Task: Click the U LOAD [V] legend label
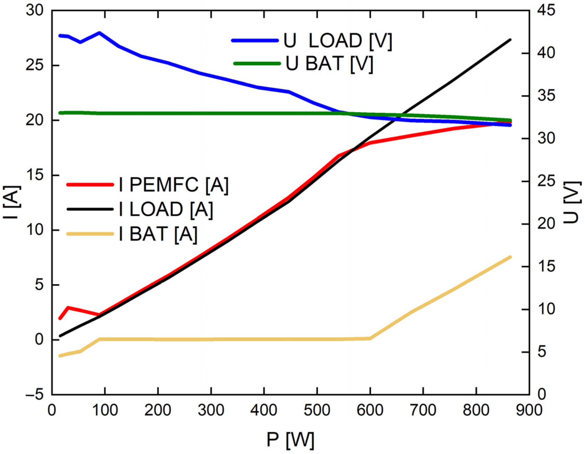click(338, 41)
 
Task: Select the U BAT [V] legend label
click(329, 64)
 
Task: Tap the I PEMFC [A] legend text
click(174, 185)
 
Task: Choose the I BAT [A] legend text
click(158, 234)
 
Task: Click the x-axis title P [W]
click(290, 440)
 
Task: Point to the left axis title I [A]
click(11, 202)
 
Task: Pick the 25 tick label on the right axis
click(545, 182)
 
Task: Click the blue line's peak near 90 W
click(99, 33)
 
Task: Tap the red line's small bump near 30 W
click(68, 307)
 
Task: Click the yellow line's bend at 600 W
click(370, 338)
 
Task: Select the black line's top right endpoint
click(510, 40)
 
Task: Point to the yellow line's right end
click(510, 257)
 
